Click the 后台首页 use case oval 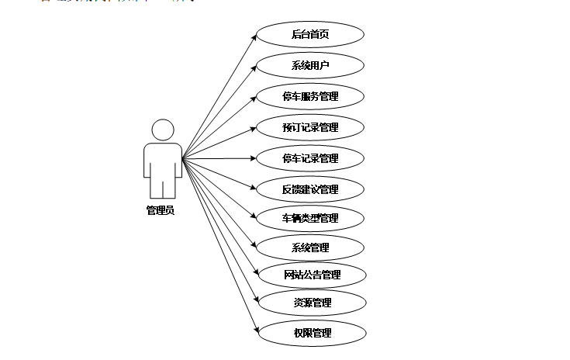[x=310, y=35]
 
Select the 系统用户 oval [x=310, y=66]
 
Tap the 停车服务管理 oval [x=310, y=97]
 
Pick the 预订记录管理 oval [x=310, y=127]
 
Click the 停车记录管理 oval [x=310, y=158]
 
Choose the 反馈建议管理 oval [x=310, y=189]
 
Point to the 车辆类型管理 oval [x=310, y=218]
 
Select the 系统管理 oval [x=310, y=247]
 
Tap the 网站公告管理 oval [x=310, y=275]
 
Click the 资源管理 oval [x=310, y=303]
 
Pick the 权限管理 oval [x=310, y=333]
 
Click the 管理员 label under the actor [x=161, y=210]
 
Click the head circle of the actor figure [x=163, y=130]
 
